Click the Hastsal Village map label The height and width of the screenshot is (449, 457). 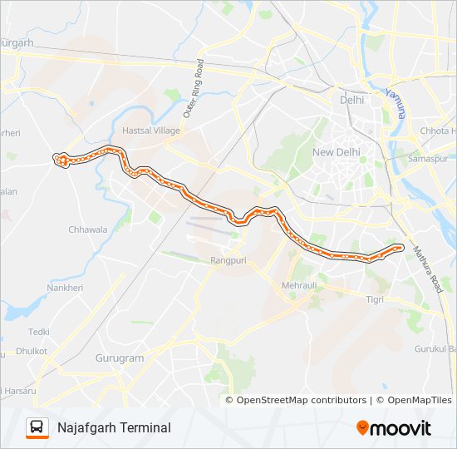tap(150, 131)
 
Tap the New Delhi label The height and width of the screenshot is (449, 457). tap(335, 152)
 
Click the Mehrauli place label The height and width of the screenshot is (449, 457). tap(300, 285)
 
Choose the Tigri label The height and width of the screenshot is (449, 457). tap(376, 298)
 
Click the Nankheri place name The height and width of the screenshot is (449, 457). tap(65, 288)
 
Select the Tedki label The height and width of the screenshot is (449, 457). tap(39, 332)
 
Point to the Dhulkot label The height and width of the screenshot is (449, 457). tap(32, 351)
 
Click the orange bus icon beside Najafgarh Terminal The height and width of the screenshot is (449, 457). tap(37, 427)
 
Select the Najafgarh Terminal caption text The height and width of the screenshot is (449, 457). tap(114, 427)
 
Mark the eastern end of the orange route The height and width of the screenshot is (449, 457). tap(400, 246)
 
